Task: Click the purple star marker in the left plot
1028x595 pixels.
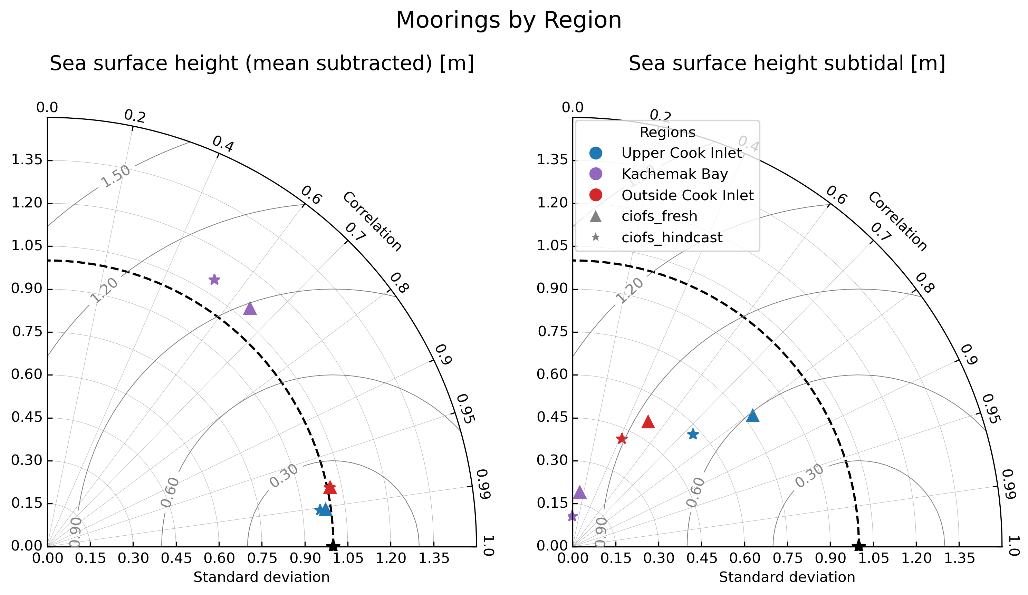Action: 214,279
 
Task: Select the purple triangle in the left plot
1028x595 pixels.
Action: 250,309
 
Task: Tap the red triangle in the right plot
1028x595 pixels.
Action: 648,422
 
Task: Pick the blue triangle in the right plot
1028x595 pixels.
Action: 753,416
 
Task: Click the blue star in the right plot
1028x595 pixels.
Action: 693,434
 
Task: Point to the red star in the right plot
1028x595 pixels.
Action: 622,439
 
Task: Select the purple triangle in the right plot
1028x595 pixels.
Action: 580,492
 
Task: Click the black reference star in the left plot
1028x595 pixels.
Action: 333,546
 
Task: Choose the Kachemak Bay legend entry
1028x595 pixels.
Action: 674,174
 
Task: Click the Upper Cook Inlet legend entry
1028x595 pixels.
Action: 681,153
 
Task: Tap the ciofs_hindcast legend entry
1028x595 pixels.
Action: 672,237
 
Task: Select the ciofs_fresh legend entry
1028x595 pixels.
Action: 659,216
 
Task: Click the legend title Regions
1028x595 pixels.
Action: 667,132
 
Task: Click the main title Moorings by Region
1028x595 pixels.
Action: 509,20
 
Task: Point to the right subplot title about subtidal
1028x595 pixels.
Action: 787,63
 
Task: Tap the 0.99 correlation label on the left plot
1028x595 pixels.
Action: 483,484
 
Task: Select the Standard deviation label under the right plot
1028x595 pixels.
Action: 787,577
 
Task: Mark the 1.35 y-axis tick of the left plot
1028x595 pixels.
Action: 27,160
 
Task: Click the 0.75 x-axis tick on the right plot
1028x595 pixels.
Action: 787,558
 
